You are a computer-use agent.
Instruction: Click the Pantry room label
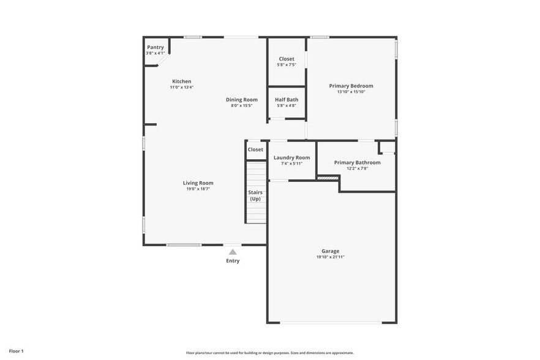tap(156, 47)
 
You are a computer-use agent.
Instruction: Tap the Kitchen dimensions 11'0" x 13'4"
tap(182, 88)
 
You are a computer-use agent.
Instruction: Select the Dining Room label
tap(242, 100)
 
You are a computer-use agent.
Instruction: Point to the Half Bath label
tap(287, 100)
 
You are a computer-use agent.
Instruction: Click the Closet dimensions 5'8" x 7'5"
tap(287, 65)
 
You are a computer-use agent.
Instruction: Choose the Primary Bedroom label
tap(351, 86)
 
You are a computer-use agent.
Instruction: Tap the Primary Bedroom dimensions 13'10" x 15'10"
tap(351, 92)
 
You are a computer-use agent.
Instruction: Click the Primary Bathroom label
tap(357, 162)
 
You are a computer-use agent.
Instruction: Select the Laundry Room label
tap(291, 157)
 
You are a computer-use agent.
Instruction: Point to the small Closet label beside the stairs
tap(255, 149)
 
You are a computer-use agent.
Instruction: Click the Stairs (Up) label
tap(255, 195)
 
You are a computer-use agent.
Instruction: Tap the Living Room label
tap(198, 182)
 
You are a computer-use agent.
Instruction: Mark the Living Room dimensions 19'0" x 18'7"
tap(198, 189)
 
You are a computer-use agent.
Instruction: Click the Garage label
tap(331, 251)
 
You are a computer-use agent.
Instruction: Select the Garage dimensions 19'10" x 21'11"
tap(331, 257)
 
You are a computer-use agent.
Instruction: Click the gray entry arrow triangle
tap(233, 251)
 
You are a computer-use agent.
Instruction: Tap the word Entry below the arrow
tap(233, 261)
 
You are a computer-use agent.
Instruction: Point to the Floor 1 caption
tap(16, 351)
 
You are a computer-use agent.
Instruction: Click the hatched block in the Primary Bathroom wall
tap(328, 178)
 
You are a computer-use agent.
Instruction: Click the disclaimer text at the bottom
tap(269, 353)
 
